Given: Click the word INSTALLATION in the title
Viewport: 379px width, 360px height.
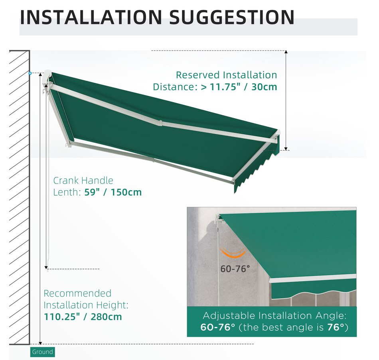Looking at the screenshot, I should (91, 17).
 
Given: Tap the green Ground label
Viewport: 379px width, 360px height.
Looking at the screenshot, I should (42, 352).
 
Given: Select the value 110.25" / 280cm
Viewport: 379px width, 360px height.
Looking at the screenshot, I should (83, 317).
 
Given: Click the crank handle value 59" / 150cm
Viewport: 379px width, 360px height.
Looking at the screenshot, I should (113, 192).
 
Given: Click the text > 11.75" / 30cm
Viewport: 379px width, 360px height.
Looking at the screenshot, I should (239, 87).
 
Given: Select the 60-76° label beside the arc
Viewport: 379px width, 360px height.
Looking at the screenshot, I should (235, 269).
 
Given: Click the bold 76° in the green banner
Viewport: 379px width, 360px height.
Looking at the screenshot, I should (336, 328).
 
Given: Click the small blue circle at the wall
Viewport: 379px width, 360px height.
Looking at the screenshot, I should (30, 73).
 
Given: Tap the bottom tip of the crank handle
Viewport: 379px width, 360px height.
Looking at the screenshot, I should (47, 270).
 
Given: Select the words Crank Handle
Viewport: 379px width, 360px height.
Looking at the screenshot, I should (83, 181).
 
